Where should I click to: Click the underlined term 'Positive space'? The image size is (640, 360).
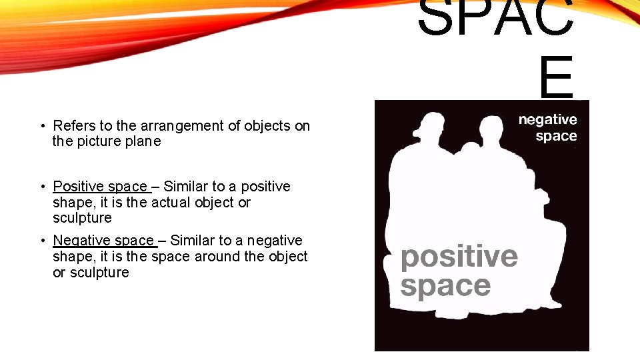pos(101,187)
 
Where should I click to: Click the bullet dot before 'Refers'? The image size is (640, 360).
pos(42,126)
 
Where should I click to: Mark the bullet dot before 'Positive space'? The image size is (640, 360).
pos(42,187)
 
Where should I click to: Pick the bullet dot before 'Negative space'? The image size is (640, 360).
pos(42,241)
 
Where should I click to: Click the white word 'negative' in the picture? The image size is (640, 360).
pos(547,120)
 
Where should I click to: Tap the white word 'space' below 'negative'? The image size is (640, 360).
pos(556,136)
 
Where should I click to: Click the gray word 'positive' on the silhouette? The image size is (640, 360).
pos(459,256)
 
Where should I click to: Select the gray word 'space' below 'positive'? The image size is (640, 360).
pos(445,286)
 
